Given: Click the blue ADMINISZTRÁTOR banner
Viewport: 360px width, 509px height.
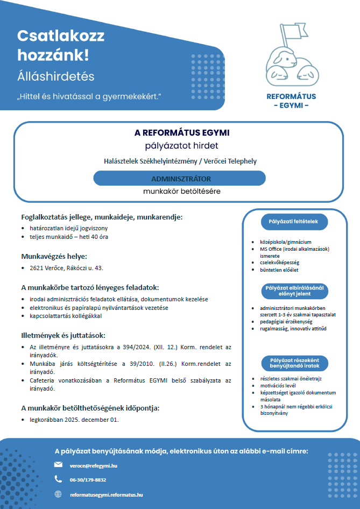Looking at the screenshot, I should point(180,178).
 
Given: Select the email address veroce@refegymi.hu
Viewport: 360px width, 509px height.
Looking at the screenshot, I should point(94,465).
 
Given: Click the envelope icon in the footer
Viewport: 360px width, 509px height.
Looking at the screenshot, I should point(58,464).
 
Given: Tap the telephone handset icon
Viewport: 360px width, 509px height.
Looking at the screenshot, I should point(58,479).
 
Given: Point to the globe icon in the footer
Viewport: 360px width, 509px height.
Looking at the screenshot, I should point(58,494).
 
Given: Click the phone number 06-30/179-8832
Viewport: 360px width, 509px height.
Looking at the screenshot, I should point(88,479).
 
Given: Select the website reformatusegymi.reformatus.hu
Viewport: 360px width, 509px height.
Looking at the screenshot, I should point(107,494).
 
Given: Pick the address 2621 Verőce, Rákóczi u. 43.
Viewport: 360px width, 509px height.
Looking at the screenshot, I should point(66,267).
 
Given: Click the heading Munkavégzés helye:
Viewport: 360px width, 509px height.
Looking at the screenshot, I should point(54,256).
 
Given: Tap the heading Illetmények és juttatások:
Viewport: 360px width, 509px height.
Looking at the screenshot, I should point(59,335).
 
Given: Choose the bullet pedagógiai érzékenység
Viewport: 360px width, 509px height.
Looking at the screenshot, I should point(282,321).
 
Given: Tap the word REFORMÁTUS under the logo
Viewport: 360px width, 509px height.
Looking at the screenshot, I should point(291,97).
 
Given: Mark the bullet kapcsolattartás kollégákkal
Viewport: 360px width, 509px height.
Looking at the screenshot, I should point(65,316).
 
